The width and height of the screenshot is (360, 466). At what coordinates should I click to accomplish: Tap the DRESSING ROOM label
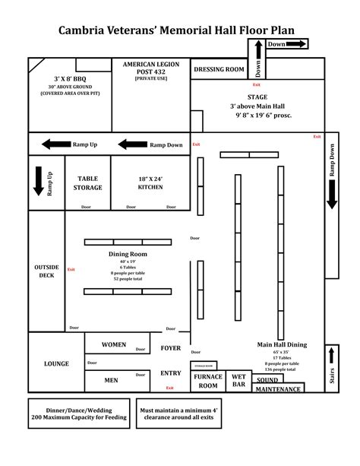coord(219,69)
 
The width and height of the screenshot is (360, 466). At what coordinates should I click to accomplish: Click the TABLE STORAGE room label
coord(88,182)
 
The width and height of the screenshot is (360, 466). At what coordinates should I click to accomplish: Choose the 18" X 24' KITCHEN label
coord(150,182)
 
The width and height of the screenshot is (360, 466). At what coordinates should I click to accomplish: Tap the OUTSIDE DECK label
coord(46,271)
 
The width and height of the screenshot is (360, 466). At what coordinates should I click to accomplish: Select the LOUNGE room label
coord(56,363)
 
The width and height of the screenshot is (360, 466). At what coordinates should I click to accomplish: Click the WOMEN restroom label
coord(114,344)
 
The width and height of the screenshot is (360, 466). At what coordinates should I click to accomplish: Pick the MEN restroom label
coord(111,379)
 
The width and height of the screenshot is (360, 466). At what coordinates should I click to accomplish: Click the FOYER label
coord(170,348)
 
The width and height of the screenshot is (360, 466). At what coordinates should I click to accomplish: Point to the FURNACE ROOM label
coord(208,381)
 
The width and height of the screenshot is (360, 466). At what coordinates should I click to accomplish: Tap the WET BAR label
coord(238,381)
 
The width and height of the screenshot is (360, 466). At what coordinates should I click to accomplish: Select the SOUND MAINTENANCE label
coord(277,384)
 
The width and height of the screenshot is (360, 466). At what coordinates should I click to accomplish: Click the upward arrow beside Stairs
coord(330,356)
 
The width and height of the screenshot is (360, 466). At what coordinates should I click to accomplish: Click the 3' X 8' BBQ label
coord(67,79)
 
